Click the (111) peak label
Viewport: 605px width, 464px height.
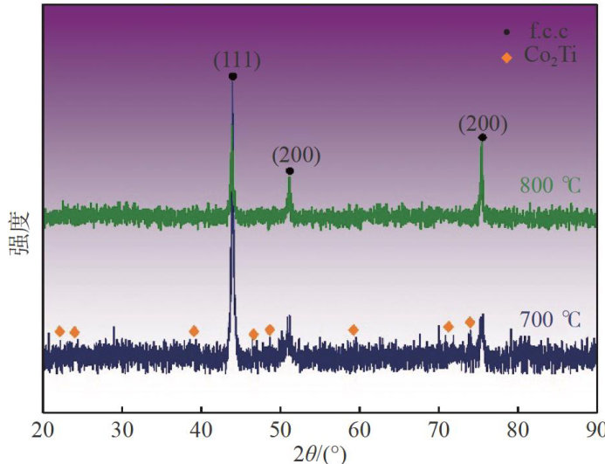pyautogui.click(x=236, y=60)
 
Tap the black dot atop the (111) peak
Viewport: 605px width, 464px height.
pyautogui.click(x=232, y=77)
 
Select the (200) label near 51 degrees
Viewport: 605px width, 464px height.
pyautogui.click(x=296, y=156)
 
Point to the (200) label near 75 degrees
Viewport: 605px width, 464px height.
pyautogui.click(x=483, y=123)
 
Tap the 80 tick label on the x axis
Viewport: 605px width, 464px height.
pyautogui.click(x=519, y=430)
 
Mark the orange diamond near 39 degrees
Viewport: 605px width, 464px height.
pyautogui.click(x=194, y=331)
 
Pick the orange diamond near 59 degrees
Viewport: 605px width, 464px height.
pyautogui.click(x=354, y=329)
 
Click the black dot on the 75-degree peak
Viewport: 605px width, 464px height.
pyautogui.click(x=482, y=137)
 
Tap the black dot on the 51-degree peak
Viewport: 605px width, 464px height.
pyautogui.click(x=290, y=171)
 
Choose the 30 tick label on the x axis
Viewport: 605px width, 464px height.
pyautogui.click(x=122, y=430)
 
